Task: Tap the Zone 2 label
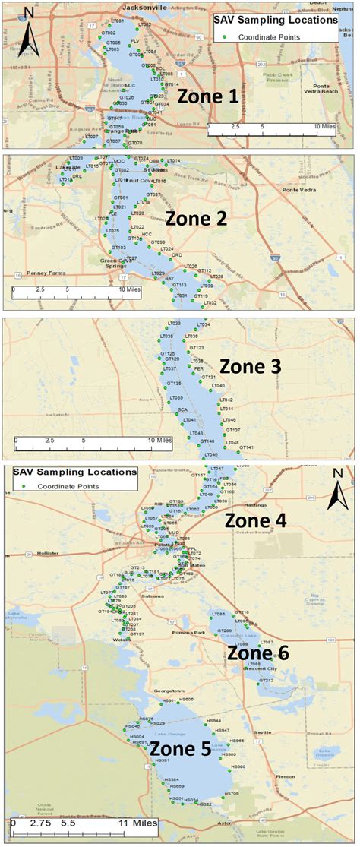click(x=196, y=219)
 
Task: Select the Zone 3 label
click(x=250, y=366)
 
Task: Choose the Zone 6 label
click(x=258, y=653)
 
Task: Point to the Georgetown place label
click(x=169, y=691)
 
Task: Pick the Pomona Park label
click(x=189, y=633)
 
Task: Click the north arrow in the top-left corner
click(x=28, y=33)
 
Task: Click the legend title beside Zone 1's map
click(x=274, y=20)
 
